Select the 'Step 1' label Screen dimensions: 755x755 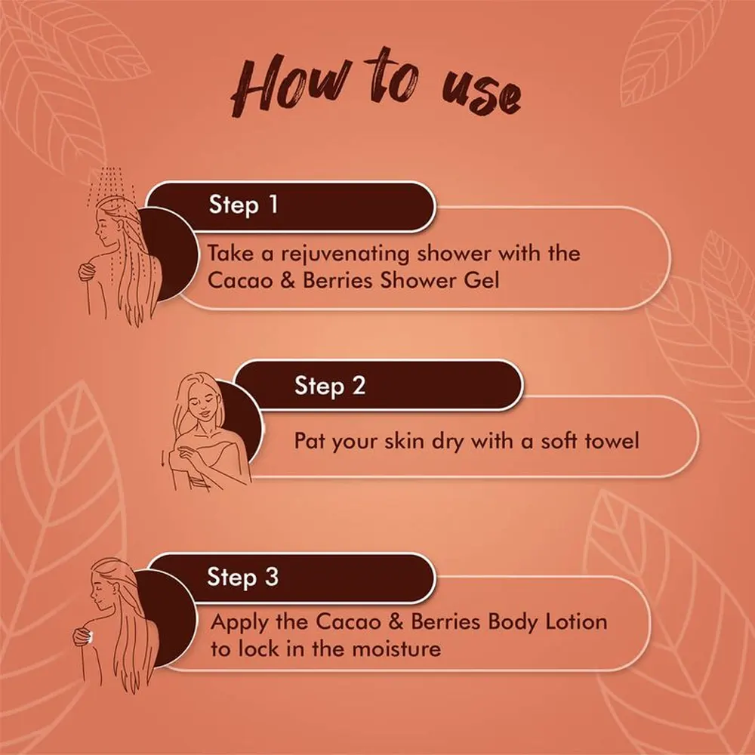click(x=244, y=205)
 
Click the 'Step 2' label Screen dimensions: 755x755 click(x=330, y=386)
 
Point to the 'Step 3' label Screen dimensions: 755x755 click(x=242, y=577)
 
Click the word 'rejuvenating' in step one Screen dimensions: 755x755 click(x=346, y=254)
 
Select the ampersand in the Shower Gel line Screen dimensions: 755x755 click(x=287, y=281)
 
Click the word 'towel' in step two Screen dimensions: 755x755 click(x=612, y=441)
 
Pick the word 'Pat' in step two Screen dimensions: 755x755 click(x=309, y=441)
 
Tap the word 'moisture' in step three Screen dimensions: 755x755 click(x=396, y=649)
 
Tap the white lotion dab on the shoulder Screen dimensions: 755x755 click(x=90, y=638)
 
